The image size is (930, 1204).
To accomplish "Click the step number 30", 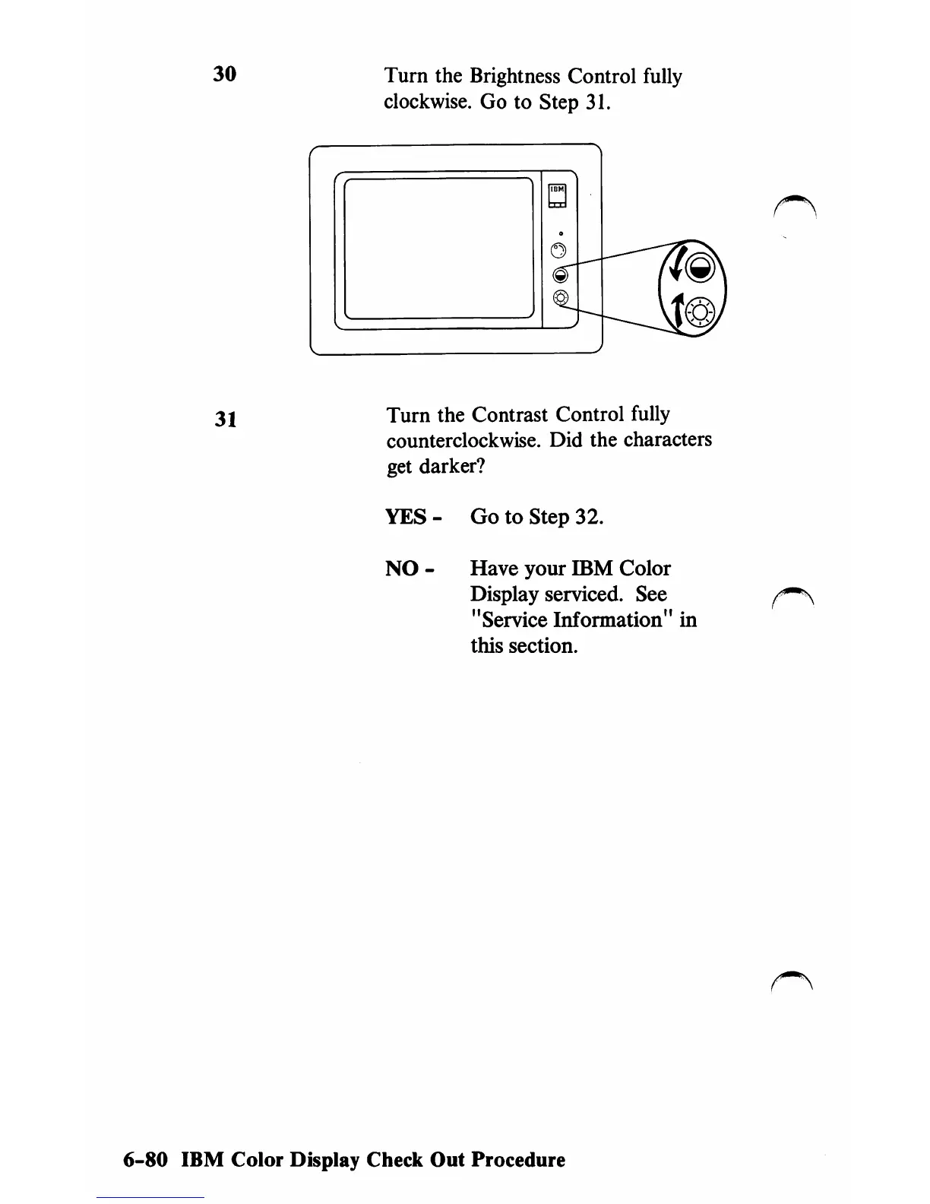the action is pos(224,74).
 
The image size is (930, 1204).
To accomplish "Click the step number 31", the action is pos(224,419).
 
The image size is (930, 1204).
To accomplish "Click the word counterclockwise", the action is pos(464,441).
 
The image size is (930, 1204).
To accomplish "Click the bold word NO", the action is pos(402,569).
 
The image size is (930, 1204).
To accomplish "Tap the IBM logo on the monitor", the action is pos(558,190).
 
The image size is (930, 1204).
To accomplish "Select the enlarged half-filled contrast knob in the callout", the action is pos(699,267).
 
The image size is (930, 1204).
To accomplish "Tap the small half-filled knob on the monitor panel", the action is pos(559,274).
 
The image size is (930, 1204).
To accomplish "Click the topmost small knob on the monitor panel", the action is pos(558,250).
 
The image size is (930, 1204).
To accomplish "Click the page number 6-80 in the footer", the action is pos(144,1161).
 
